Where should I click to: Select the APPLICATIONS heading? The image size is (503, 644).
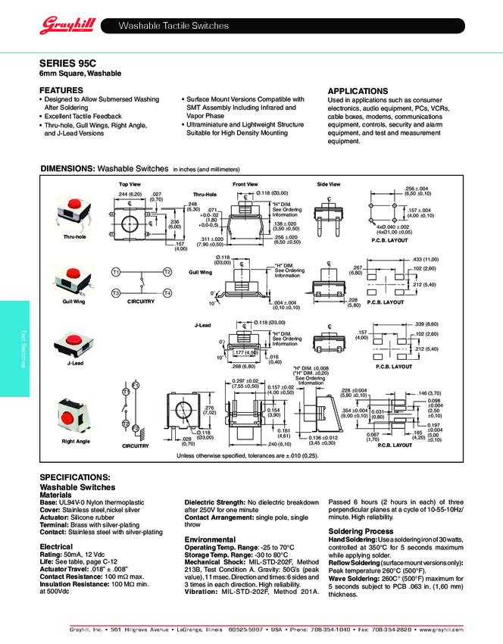tap(358, 91)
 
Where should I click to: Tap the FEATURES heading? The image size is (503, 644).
tap(61, 89)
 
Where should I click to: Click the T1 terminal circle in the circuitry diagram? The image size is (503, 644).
tap(116, 271)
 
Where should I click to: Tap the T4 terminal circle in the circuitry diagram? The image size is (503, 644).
tap(167, 293)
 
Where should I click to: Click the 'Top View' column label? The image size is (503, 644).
tap(130, 184)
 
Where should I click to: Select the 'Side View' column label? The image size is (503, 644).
tap(328, 184)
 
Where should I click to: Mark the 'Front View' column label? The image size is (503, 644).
tap(245, 184)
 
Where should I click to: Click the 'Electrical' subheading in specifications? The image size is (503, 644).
tap(56, 546)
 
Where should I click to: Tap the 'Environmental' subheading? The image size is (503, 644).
tap(210, 539)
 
